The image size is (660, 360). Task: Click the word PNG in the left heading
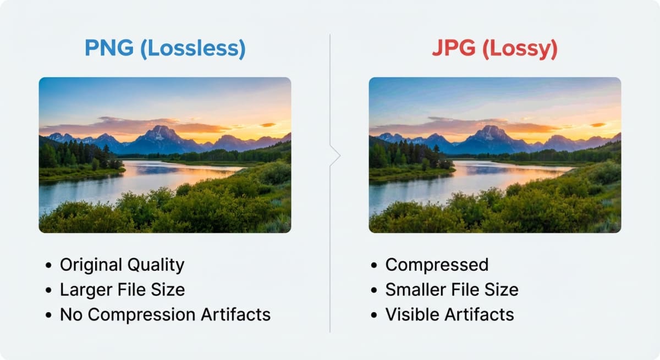109,49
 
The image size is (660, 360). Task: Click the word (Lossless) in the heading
193,49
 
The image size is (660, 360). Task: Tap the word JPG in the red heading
452,49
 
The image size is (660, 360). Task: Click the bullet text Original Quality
122,265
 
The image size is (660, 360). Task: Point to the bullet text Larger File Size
122,290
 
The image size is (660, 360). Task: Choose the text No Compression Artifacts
165,314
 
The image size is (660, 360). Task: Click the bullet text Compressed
437,265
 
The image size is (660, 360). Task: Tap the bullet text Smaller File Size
452,290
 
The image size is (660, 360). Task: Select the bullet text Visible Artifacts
449,314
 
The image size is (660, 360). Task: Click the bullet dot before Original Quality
49,266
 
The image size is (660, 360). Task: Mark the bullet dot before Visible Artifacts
375,315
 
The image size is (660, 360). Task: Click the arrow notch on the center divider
335,156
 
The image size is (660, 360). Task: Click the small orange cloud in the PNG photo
268,125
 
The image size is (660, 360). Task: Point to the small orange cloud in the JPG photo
598,125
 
